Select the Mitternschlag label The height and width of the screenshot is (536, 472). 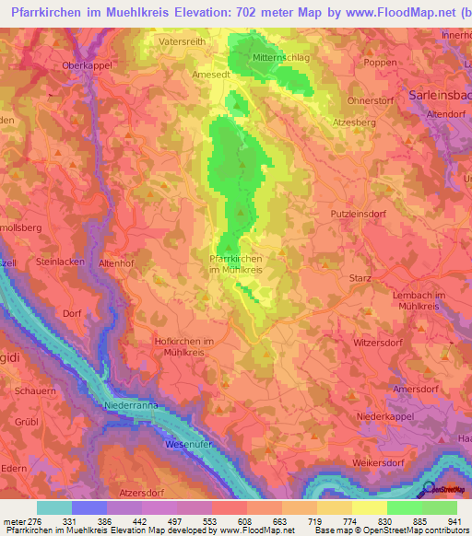281,56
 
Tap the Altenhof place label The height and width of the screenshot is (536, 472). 117,262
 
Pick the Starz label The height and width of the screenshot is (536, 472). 361,278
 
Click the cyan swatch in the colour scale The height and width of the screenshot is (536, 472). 54,508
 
